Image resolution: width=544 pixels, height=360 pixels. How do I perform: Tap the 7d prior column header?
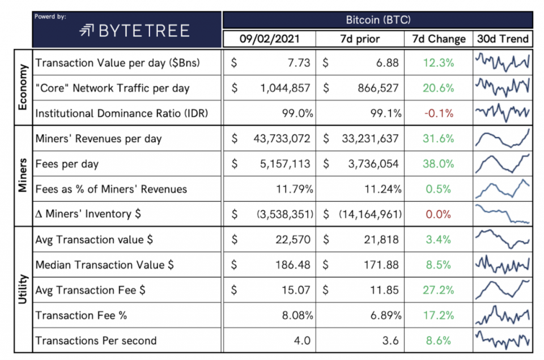click(359, 39)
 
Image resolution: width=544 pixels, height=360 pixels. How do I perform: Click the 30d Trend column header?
click(502, 39)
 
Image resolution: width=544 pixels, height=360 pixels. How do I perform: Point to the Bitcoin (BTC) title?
click(378, 20)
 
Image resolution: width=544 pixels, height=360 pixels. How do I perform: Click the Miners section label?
click(23, 176)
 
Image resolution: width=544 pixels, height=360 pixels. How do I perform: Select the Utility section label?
click(23, 290)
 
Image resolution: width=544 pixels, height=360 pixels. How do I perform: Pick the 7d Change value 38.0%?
click(439, 164)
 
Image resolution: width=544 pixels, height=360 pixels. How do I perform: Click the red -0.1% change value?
click(439, 113)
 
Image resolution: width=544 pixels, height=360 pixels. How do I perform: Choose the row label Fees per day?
click(67, 164)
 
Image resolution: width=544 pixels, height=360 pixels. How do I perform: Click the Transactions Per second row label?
click(96, 341)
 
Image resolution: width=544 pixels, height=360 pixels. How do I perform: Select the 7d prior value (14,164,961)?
click(371, 214)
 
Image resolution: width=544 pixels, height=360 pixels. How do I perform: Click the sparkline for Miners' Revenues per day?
click(502, 138)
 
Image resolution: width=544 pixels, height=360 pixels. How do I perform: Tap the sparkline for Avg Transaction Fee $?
click(502, 290)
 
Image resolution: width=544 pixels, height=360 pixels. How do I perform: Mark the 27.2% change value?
click(439, 290)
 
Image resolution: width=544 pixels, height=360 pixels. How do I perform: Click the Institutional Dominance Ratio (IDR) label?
click(121, 113)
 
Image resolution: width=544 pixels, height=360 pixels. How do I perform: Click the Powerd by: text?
click(50, 16)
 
